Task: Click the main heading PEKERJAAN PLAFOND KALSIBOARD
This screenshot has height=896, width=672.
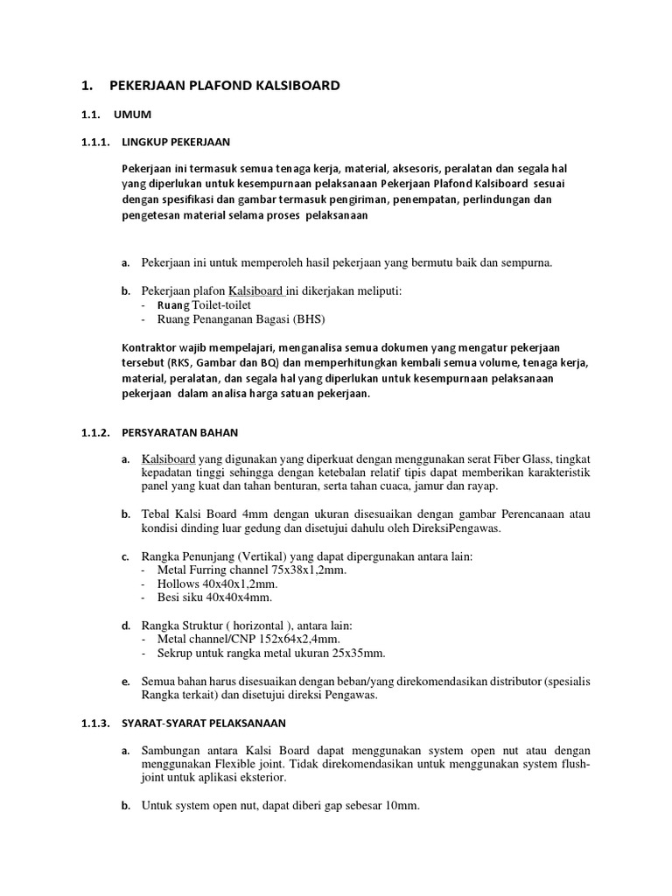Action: click(x=224, y=86)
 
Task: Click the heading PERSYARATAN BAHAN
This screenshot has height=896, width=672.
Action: click(x=179, y=431)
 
